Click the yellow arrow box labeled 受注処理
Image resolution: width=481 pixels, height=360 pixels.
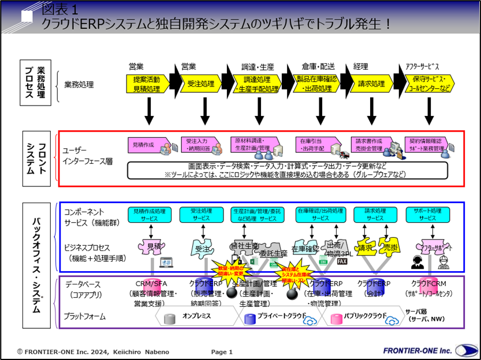click(x=201, y=84)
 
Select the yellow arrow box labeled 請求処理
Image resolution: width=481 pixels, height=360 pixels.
click(x=371, y=84)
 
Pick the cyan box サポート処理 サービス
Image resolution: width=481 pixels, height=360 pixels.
click(x=428, y=215)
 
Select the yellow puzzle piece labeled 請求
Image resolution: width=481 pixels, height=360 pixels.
click(x=366, y=247)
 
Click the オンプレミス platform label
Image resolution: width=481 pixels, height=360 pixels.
click(x=196, y=316)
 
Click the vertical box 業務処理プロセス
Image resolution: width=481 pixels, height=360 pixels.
click(x=32, y=83)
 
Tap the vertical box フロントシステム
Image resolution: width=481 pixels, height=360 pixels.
click(x=32, y=159)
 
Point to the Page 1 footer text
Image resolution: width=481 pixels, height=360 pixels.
click(x=222, y=351)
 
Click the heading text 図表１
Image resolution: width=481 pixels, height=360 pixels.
click(x=64, y=9)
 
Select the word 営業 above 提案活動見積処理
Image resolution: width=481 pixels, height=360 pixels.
click(x=136, y=66)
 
